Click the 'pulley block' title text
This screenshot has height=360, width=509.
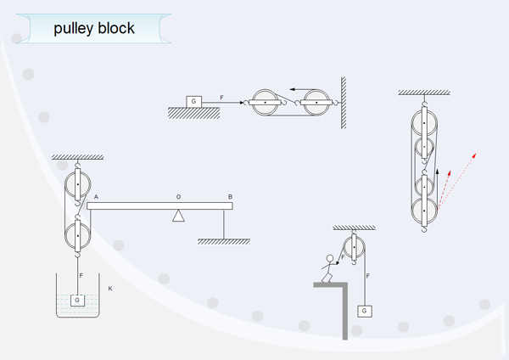[x=94, y=29]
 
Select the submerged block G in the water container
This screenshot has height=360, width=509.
[x=78, y=299]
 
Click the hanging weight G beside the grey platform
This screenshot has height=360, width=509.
[x=365, y=311]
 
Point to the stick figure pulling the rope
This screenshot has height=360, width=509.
[x=327, y=267]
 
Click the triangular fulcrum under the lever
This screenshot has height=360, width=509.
[x=178, y=215]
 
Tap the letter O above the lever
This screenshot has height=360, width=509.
[x=178, y=197]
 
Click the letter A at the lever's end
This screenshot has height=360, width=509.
[x=96, y=197]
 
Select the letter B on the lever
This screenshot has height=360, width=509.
[x=230, y=197]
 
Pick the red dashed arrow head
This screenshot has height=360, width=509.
[x=473, y=155]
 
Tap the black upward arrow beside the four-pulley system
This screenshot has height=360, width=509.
[x=438, y=173]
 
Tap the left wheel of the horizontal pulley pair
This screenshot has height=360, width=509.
[x=266, y=103]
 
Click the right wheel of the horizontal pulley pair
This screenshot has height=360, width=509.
[x=317, y=103]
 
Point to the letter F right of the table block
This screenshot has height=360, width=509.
[x=221, y=98]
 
